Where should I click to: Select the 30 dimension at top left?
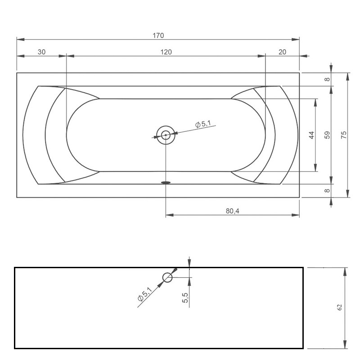coord(41,52)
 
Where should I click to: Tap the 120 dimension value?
coord(166,52)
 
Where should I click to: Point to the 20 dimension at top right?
coord(282,52)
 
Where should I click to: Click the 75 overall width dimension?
coord(344,135)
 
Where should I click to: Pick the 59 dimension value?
coord(328,135)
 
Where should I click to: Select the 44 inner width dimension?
coord(311,135)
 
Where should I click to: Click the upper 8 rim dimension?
coord(328,79)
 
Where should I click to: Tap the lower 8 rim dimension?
coord(328,190)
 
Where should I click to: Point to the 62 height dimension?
coord(340,307)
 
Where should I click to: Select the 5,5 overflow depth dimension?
coord(185,297)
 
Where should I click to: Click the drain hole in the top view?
coord(166,135)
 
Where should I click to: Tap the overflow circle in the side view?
coord(167,277)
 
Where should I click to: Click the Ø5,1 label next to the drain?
coord(202,124)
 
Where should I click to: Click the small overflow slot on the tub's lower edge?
coord(166,183)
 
